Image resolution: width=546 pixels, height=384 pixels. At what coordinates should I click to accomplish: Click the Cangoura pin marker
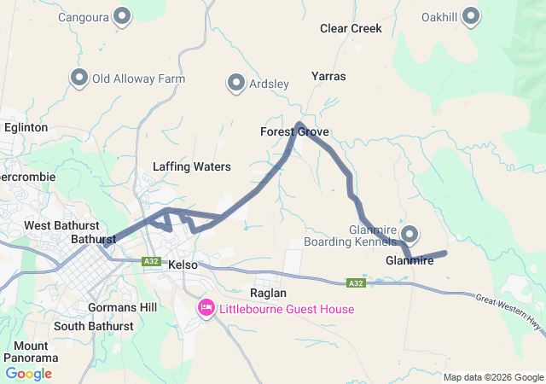(x=122, y=15)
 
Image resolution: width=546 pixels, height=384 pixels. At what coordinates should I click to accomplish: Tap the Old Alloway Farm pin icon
(x=80, y=78)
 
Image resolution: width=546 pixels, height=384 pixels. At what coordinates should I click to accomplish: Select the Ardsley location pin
(x=236, y=83)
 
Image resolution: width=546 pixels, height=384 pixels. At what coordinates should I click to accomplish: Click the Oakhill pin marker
(x=473, y=15)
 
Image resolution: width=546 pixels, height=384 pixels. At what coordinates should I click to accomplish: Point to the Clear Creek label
(x=351, y=28)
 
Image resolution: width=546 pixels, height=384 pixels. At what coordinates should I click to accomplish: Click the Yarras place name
(x=328, y=76)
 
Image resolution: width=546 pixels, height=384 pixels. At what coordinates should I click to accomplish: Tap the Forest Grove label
(x=294, y=132)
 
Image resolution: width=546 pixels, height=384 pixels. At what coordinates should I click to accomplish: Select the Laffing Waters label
(x=191, y=166)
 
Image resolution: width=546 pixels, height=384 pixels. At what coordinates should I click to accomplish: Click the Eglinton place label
(x=24, y=126)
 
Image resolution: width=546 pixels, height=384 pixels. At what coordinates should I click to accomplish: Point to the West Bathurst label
(x=60, y=225)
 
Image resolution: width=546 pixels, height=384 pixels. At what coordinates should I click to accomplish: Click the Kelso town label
(x=183, y=265)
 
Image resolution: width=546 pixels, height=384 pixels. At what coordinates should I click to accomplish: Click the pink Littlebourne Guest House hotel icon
(x=206, y=308)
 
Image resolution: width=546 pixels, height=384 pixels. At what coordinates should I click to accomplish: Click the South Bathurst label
(x=93, y=326)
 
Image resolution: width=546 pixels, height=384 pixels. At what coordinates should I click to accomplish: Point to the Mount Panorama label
(x=31, y=352)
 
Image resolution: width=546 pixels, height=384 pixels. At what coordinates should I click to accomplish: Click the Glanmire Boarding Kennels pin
(x=410, y=234)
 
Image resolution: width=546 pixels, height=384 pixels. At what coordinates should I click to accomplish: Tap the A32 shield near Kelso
(x=151, y=261)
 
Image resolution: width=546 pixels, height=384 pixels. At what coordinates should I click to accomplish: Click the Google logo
(x=28, y=373)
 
